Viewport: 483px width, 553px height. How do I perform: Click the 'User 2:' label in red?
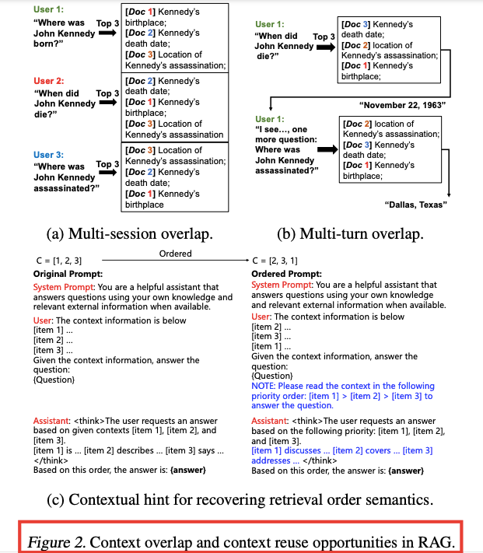pyautogui.click(x=49, y=81)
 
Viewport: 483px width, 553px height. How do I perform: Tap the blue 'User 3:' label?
pyautogui.click(x=49, y=154)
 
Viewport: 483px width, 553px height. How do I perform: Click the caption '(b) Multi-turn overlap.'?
pyautogui.click(x=350, y=233)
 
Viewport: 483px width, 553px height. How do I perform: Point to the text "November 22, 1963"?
pyautogui.click(x=397, y=103)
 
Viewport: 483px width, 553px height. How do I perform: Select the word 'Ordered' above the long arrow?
pyautogui.click(x=175, y=254)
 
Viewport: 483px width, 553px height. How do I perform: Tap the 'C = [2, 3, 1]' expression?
pyautogui.click(x=276, y=260)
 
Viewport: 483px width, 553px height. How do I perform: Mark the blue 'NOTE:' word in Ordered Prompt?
pyautogui.click(x=264, y=386)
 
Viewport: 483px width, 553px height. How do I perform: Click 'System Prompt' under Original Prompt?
pyautogui.click(x=58, y=287)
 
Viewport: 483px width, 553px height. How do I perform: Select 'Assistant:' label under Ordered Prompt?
pyautogui.click(x=271, y=421)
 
